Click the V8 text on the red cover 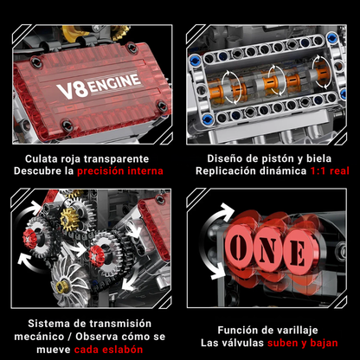point(68,87)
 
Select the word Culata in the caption point(48,158)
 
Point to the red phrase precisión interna point(119,171)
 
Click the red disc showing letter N point(269,251)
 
